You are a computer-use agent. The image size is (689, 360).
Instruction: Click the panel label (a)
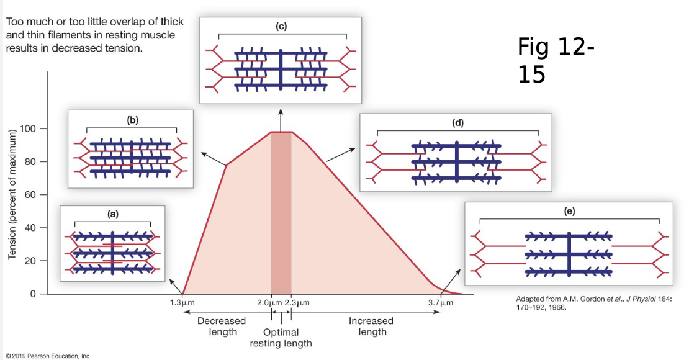point(112,214)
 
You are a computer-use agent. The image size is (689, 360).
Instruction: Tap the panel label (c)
point(281,27)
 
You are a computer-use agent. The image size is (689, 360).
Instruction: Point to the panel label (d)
point(458,123)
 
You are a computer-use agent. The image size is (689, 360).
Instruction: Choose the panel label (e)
point(569,211)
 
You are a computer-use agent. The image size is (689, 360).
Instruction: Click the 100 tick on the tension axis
point(29,129)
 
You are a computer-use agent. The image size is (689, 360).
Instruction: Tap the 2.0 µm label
point(268,304)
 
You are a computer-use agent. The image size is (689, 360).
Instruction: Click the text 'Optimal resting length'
point(281,338)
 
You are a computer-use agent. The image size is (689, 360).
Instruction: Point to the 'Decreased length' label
point(222,326)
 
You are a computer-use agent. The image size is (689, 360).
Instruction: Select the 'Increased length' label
point(371,326)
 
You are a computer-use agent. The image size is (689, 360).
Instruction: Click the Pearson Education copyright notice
point(47,356)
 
